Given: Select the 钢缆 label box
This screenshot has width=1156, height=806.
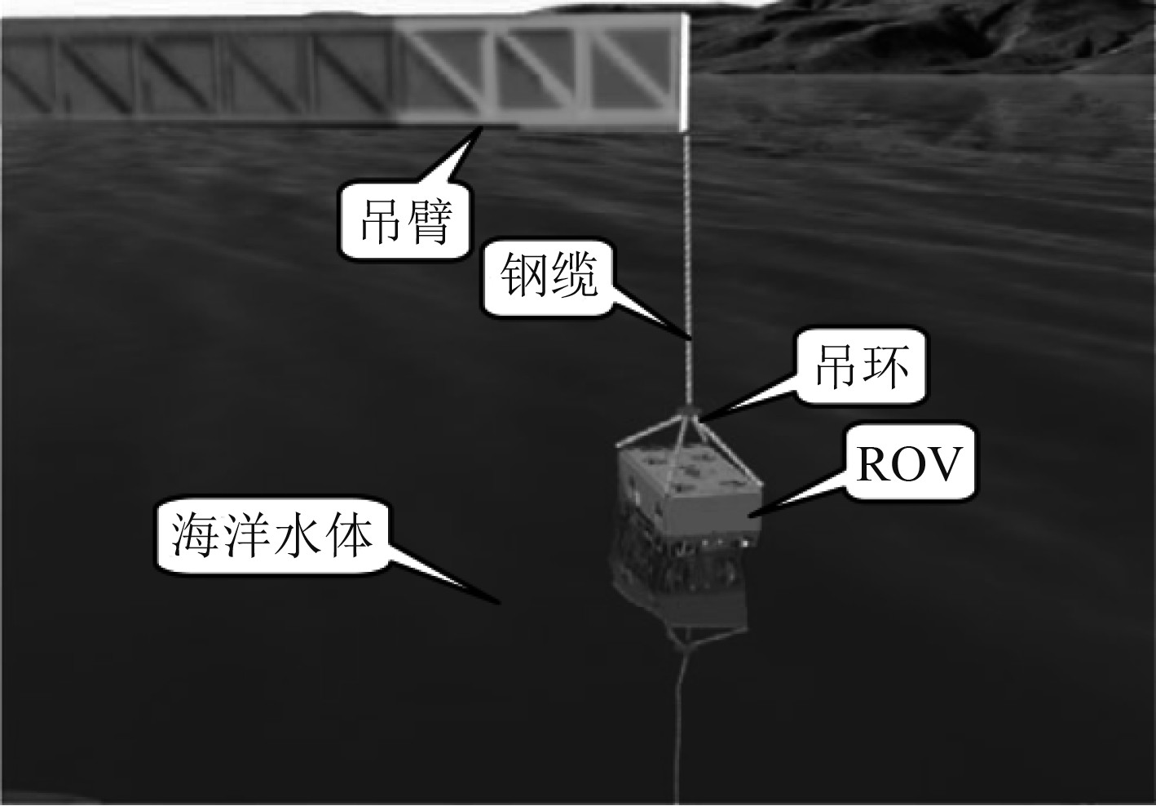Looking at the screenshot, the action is pyautogui.click(x=549, y=277).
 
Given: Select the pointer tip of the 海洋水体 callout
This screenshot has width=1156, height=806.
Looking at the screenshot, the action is pyautogui.click(x=498, y=604).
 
